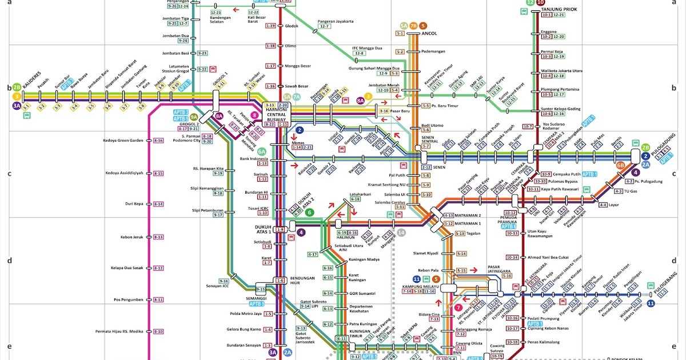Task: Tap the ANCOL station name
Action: [429, 33]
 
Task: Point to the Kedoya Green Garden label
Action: [123, 141]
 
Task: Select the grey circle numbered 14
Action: [401, 232]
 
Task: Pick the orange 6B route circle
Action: [621, 166]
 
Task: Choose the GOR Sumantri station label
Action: [362, 293]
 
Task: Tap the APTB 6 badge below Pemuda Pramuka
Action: [508, 226]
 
